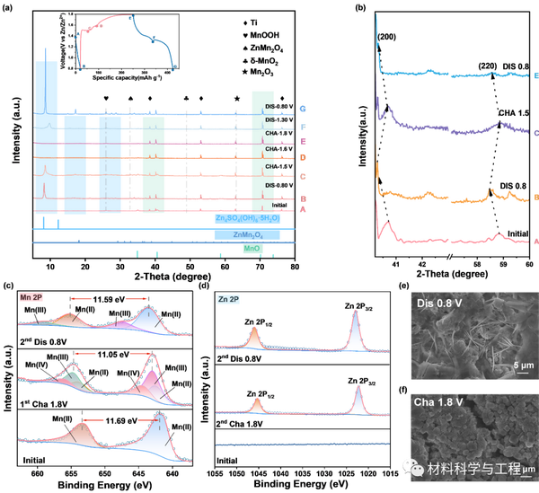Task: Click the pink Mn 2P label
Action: [32, 297]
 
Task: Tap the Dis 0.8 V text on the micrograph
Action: [438, 303]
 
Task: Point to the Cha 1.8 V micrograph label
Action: [439, 403]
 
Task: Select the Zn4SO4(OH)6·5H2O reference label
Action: [247, 218]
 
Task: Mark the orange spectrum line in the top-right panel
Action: [449, 195]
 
